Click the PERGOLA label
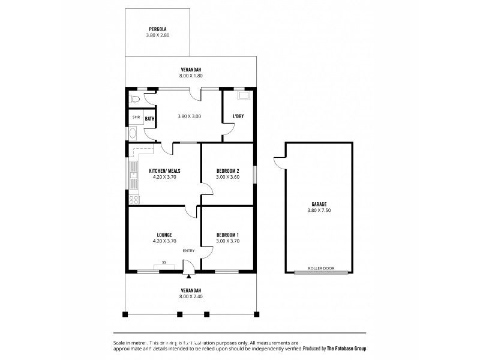tap(158, 29)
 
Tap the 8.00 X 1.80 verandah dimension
tap(191, 76)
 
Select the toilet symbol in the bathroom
tap(136, 98)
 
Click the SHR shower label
tap(136, 118)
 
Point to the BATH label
tap(150, 119)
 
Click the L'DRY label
tap(238, 116)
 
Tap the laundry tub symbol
tap(244, 95)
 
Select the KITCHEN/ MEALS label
tap(164, 171)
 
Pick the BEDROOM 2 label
tap(228, 171)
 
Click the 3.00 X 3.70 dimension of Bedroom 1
tap(228, 241)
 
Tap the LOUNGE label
tap(164, 235)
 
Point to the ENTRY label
tap(189, 251)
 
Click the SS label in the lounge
tap(163, 262)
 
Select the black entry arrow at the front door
tap(190, 277)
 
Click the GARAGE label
tap(319, 204)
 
